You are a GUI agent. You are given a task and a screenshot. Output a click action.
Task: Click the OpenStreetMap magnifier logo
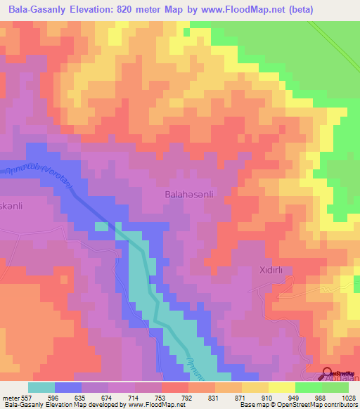pos(328,373)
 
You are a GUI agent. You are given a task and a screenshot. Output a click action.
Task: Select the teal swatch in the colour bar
pos(41,387)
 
